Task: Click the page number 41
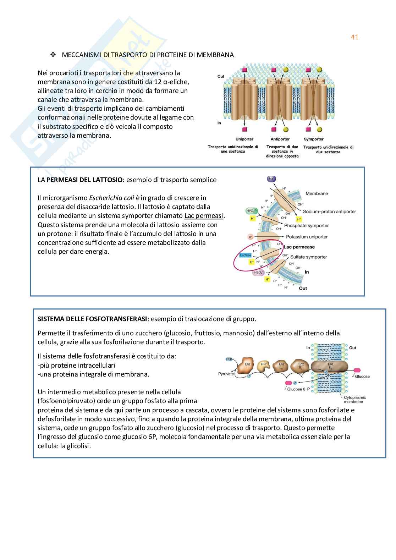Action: tap(354, 37)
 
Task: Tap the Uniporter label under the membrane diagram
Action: tap(244, 139)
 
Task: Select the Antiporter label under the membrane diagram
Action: tap(280, 139)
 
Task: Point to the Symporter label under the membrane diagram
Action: tap(314, 139)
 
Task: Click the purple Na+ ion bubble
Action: tap(271, 179)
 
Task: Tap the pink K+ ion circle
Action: tap(251, 237)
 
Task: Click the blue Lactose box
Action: tap(246, 255)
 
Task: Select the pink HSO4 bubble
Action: tap(258, 273)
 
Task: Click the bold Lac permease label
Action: tap(299, 247)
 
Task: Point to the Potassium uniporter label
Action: tap(307, 237)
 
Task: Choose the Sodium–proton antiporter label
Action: tap(329, 212)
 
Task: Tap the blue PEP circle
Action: tap(229, 359)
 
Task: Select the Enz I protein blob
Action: tap(248, 366)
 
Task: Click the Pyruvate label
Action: tap(226, 374)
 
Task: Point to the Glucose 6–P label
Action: tap(298, 389)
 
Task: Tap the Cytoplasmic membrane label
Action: tap(354, 400)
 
